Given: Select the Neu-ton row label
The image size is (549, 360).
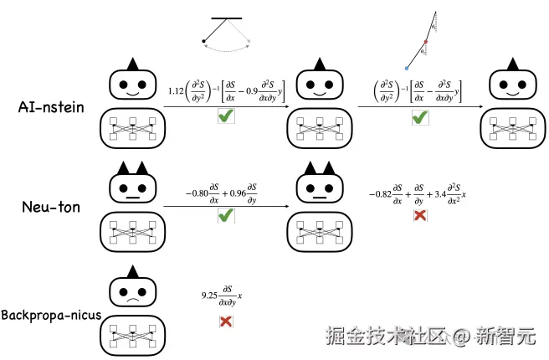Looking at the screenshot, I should [x=49, y=206].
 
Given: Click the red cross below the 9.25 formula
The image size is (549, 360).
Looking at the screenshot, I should [x=225, y=321].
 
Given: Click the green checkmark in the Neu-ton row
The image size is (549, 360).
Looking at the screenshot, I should [x=225, y=216].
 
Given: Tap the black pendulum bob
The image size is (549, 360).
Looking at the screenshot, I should [x=203, y=40].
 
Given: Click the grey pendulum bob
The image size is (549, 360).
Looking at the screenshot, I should [x=249, y=40].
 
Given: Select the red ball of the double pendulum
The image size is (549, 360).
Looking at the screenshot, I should [x=426, y=40].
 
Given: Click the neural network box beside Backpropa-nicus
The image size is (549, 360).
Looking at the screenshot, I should [x=133, y=337].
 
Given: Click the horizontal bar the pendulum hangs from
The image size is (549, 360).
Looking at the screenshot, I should [x=226, y=17].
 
